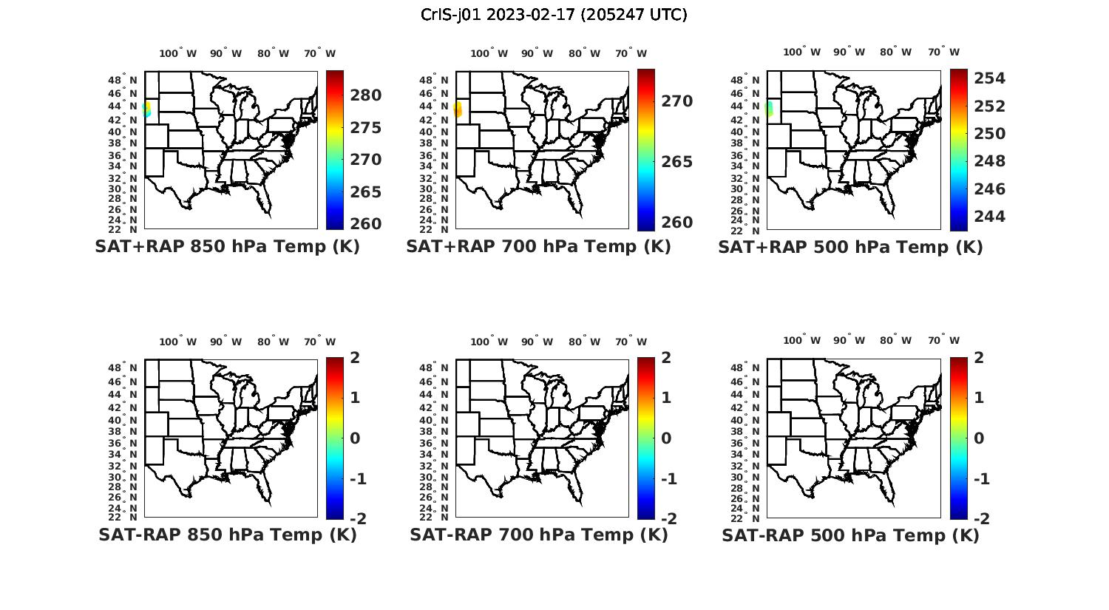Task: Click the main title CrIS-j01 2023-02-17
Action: point(554,15)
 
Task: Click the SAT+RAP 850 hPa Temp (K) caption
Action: point(227,247)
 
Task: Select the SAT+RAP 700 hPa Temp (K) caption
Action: point(538,247)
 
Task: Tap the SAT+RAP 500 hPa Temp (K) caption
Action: point(850,247)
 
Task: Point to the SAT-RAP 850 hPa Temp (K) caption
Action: point(227,535)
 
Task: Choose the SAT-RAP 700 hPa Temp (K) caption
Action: point(538,535)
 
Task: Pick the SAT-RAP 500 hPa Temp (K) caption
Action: point(850,535)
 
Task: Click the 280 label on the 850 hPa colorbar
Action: point(366,95)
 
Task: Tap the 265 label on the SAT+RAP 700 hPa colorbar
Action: point(677,162)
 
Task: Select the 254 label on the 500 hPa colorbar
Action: point(989,78)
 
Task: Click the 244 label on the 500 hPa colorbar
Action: point(989,217)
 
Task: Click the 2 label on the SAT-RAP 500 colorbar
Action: point(980,358)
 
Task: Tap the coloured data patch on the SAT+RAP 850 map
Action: point(147,109)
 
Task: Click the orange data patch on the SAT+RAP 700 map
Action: point(458,109)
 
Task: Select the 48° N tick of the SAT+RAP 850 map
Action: point(123,80)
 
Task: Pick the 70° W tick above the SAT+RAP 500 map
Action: point(943,52)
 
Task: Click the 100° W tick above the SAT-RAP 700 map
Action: point(489,342)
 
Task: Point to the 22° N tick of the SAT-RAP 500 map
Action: point(745,517)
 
